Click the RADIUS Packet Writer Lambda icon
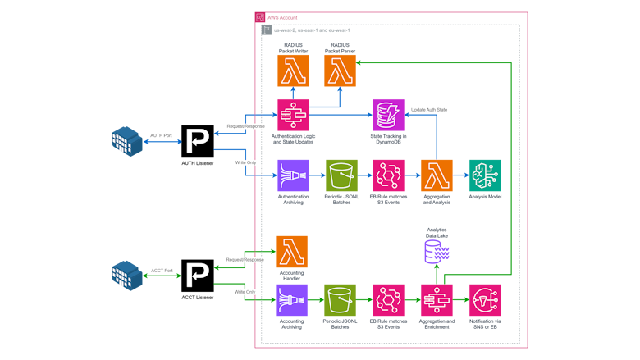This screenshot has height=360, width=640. click(x=293, y=71)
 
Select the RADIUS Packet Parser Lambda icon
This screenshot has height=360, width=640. click(x=340, y=71)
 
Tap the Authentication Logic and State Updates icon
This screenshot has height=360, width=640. click(x=293, y=115)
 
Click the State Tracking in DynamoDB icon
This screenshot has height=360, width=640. click(x=388, y=115)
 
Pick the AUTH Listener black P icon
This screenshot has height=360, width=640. click(x=198, y=142)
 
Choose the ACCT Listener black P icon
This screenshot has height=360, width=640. click(x=198, y=276)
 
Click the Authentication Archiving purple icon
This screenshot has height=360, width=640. click(x=293, y=175)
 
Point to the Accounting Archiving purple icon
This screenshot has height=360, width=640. click(x=291, y=300)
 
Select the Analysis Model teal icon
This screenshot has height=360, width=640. click(x=485, y=175)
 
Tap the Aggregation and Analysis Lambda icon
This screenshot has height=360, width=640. click(x=437, y=175)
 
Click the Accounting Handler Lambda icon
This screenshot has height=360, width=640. click(x=291, y=252)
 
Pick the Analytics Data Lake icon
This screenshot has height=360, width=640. click(x=437, y=251)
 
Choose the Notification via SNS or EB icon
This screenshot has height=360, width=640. click(x=485, y=300)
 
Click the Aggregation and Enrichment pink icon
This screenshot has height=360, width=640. click(x=437, y=300)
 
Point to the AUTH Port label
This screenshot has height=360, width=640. click(x=162, y=135)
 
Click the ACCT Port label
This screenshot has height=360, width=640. click(x=162, y=270)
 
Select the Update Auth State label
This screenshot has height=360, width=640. click(x=429, y=110)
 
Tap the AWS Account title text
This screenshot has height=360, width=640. click(x=282, y=17)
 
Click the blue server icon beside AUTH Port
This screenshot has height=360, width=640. click(x=127, y=141)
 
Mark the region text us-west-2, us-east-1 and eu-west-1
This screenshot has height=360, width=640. click(x=312, y=30)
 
